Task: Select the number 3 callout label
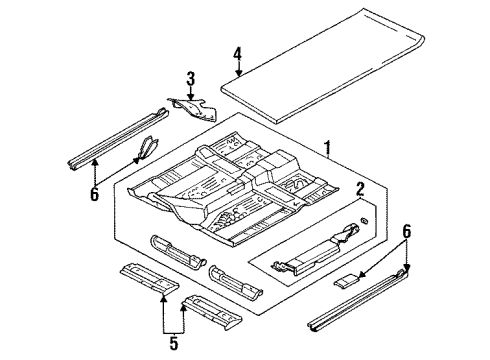pos(189,78)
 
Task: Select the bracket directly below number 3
pos(191,108)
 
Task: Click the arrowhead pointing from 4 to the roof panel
pos(237,76)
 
